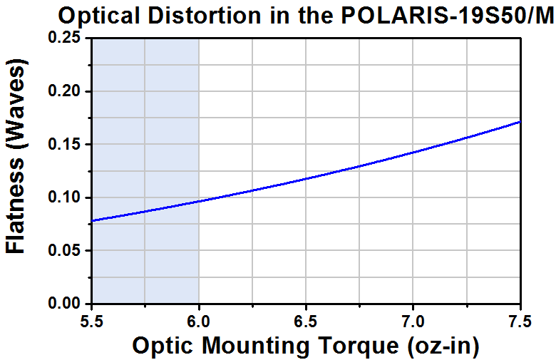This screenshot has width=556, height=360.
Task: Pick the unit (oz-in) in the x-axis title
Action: tap(443, 346)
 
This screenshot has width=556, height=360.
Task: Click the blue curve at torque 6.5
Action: tap(306, 178)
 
